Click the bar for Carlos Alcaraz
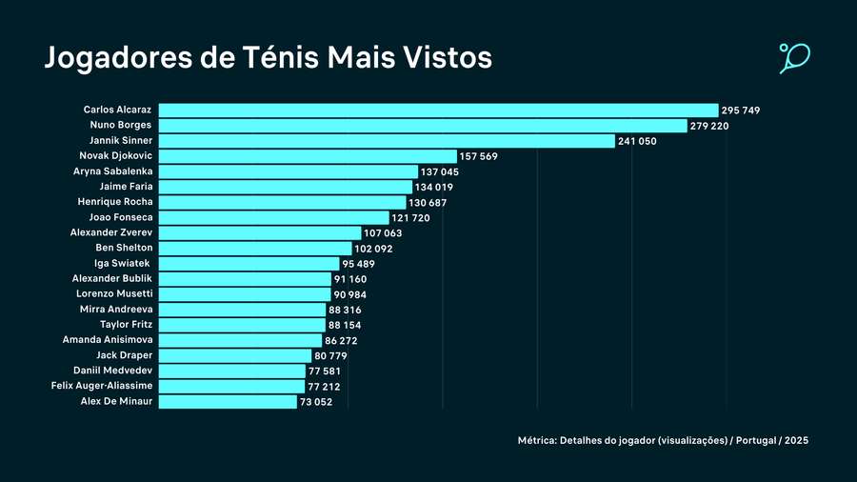[x=438, y=110]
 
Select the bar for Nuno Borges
[x=422, y=126]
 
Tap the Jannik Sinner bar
[x=386, y=141]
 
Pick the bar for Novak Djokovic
[x=308, y=156]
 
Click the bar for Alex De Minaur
[x=228, y=402]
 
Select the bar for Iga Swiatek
[x=249, y=264]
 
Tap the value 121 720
[x=410, y=218]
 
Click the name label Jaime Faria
[x=126, y=187]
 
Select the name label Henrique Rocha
[x=115, y=202]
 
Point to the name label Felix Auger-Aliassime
[x=102, y=386]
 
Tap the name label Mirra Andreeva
[x=116, y=310]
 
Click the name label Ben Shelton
[x=124, y=248]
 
